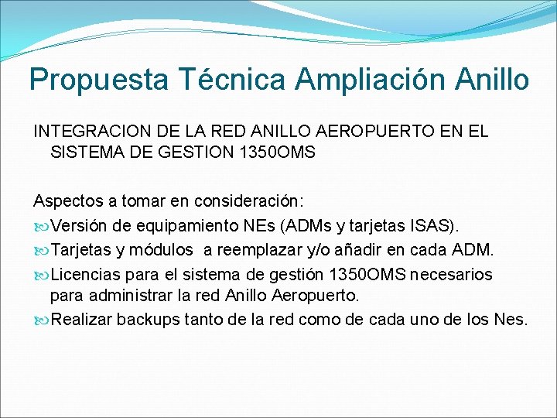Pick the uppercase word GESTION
192,152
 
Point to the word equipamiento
179,226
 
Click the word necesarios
452,275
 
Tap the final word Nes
510,319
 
